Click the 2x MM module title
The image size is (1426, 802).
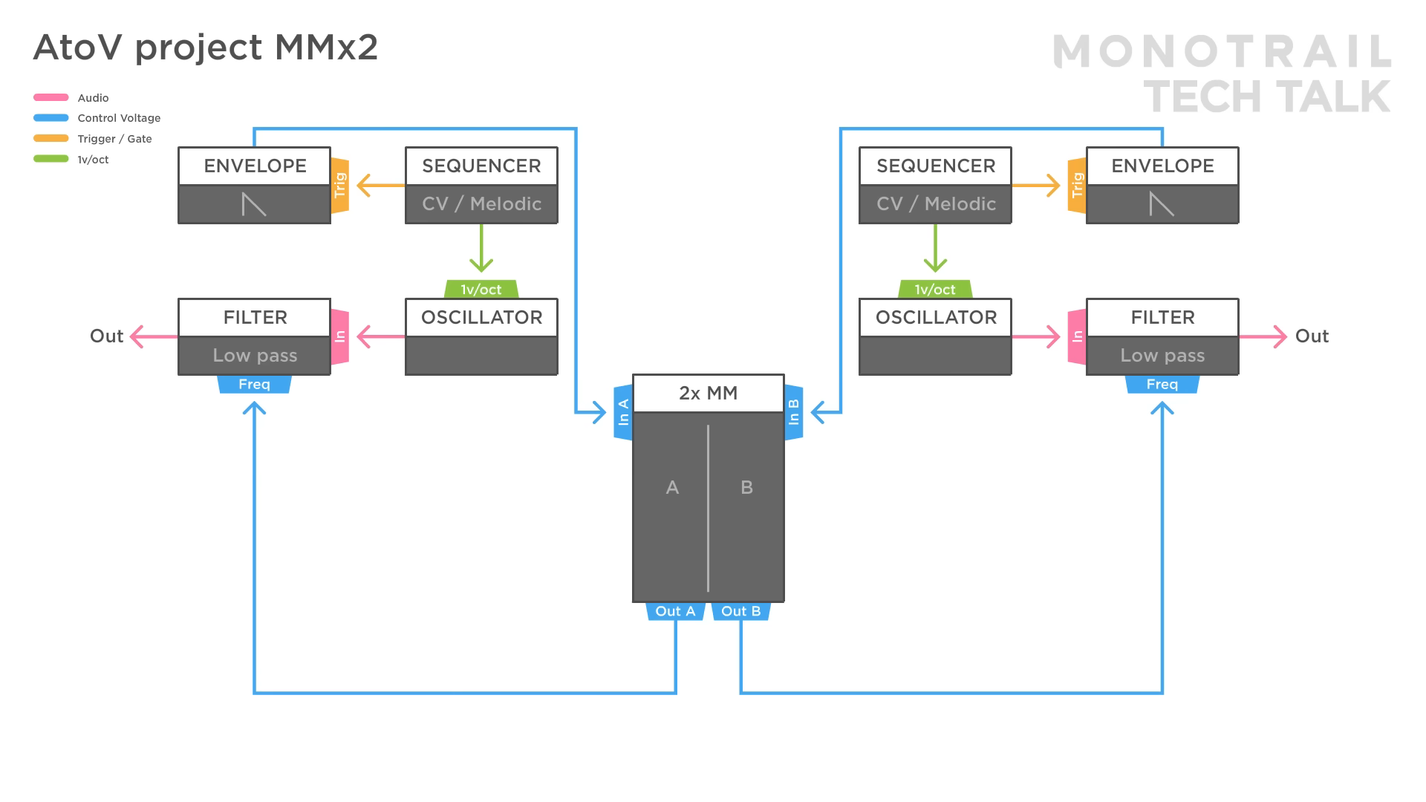click(x=708, y=393)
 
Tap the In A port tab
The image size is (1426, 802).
click(x=623, y=412)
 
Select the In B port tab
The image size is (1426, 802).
click(x=793, y=412)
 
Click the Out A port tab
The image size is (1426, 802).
click(x=675, y=611)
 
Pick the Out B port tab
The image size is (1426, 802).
click(x=740, y=611)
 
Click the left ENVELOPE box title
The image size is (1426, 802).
click(x=255, y=166)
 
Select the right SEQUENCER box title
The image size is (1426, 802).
click(x=935, y=166)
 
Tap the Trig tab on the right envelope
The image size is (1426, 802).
click(x=1077, y=186)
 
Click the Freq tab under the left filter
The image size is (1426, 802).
click(x=254, y=384)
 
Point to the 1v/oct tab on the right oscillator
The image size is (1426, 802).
click(x=935, y=290)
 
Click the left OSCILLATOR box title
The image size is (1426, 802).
click(x=481, y=317)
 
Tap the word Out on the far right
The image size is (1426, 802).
click(x=1312, y=336)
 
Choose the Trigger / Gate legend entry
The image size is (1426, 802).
click(x=114, y=139)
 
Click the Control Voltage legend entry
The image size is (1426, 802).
click(x=119, y=118)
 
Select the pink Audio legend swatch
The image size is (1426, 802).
click(x=51, y=97)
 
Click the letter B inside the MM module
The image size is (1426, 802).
click(x=746, y=488)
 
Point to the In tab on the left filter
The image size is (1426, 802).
click(x=339, y=336)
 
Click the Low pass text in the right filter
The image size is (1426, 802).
click(x=1162, y=356)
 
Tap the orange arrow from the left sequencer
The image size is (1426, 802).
click(x=379, y=186)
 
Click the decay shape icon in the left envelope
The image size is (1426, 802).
click(x=254, y=203)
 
